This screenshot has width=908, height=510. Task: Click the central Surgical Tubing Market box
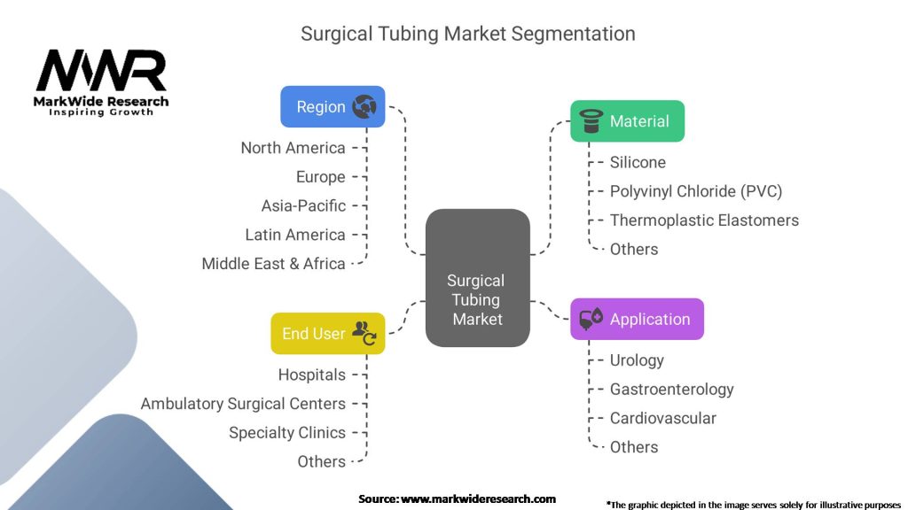coord(477,278)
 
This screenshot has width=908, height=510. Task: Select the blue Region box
coord(333,106)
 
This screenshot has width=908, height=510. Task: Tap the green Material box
coord(627,121)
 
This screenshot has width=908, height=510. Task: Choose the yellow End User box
coord(327,333)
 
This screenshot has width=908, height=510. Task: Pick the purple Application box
coord(637,319)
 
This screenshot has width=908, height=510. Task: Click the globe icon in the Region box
coord(364,107)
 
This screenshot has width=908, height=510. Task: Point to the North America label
coord(293,148)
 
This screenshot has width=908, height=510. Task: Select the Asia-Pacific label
coord(303,205)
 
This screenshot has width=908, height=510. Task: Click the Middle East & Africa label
coord(273,263)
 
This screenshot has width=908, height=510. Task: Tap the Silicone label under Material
coord(638,162)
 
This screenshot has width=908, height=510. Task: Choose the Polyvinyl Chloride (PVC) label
coord(695,191)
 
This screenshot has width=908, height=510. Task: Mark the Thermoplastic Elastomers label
coord(704,220)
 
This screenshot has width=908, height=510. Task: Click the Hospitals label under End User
coord(311,375)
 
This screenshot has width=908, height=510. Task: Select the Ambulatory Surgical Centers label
coord(243,404)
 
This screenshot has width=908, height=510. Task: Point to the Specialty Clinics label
coord(287,433)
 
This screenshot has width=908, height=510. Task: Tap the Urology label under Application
coord(637,360)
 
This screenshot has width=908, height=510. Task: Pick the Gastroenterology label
coord(671,389)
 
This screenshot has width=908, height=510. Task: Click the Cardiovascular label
coord(662,418)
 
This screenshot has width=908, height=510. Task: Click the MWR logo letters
coord(100,71)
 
